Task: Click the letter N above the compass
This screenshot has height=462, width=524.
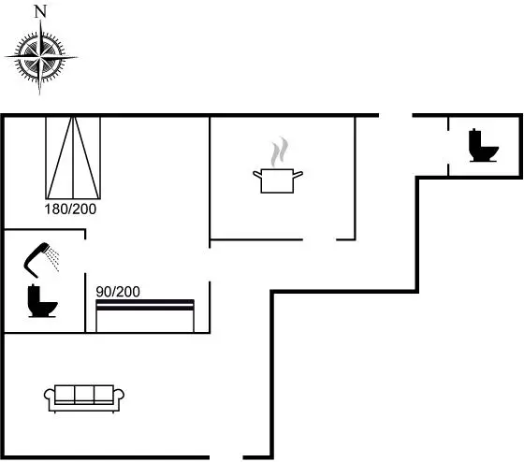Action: click(x=40, y=12)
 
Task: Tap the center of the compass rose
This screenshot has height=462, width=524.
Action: click(x=40, y=57)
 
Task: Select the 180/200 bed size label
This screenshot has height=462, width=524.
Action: click(x=70, y=209)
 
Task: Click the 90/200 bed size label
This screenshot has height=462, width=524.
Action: click(x=118, y=292)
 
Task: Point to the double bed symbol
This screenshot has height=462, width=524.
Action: click(x=73, y=158)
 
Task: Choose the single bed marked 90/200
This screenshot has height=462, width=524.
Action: click(x=145, y=316)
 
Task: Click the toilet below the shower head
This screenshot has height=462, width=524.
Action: click(x=42, y=301)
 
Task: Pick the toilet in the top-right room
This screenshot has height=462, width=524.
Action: click(x=483, y=145)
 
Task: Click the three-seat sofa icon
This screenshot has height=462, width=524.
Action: click(x=84, y=398)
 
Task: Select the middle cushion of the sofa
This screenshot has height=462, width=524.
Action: click(x=84, y=395)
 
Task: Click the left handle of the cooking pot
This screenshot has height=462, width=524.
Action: click(x=257, y=174)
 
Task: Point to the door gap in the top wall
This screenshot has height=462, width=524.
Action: click(x=396, y=115)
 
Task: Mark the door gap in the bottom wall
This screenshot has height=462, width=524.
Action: click(x=226, y=457)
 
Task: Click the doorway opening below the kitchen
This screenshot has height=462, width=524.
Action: click(x=319, y=239)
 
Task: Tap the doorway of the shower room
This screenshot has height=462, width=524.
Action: click(x=85, y=256)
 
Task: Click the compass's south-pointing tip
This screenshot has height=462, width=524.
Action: click(x=39, y=95)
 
